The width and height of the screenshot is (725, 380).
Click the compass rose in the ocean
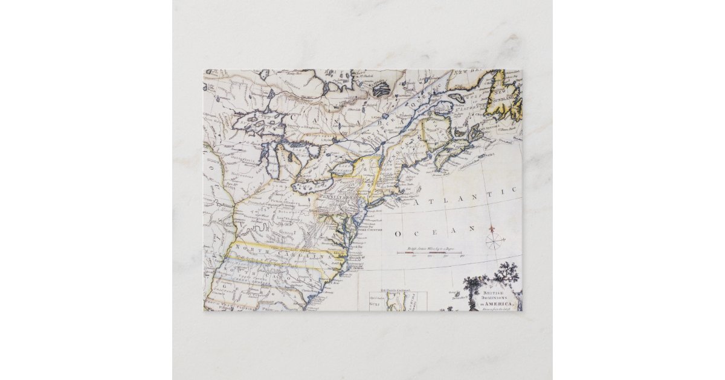click(x=494, y=241)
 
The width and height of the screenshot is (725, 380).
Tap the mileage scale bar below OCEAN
click(x=429, y=252)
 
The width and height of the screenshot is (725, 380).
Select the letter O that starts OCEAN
click(x=398, y=233)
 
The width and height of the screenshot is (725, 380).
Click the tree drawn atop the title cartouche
click(x=505, y=274)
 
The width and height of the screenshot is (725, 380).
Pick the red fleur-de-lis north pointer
click(x=492, y=230)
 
